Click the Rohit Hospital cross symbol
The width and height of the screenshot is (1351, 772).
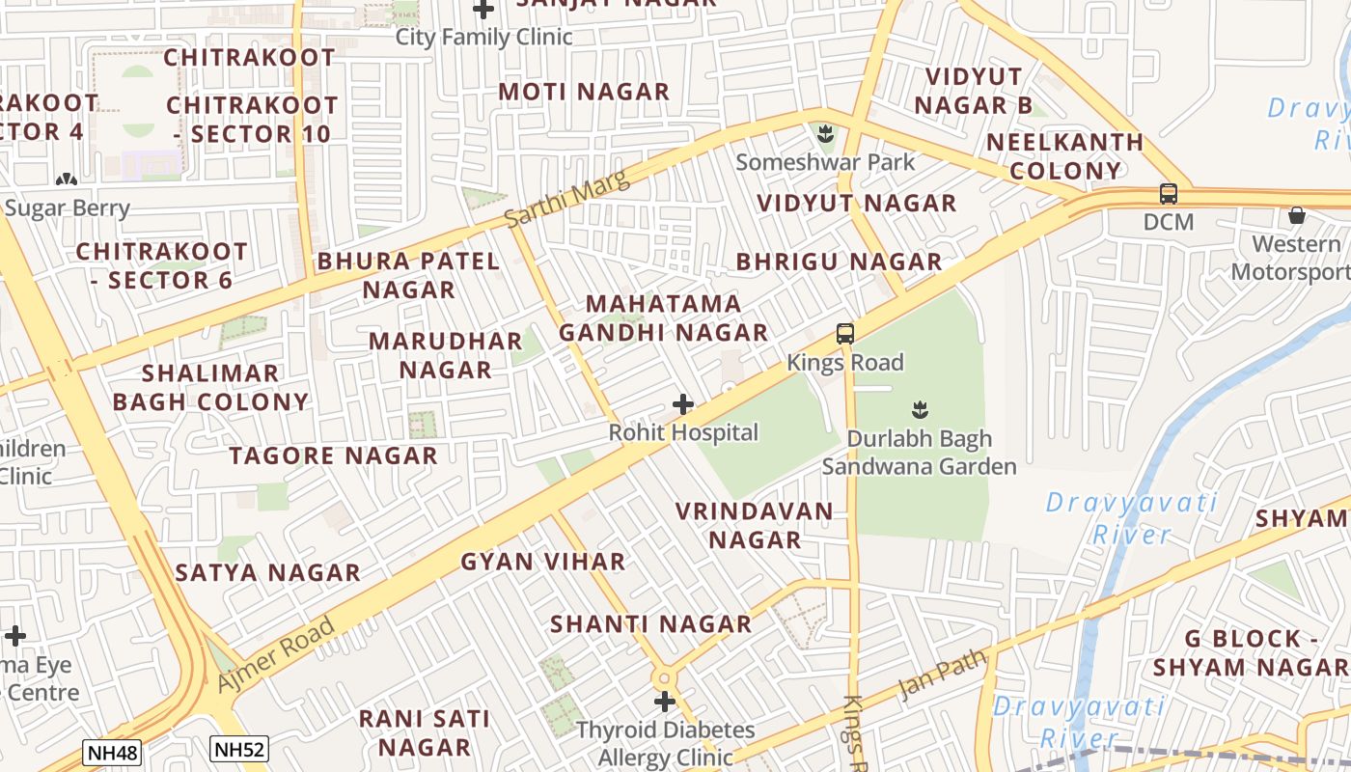pyautogui.click(x=683, y=403)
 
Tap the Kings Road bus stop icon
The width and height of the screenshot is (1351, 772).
pyautogui.click(x=845, y=334)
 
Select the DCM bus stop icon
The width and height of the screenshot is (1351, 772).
pyautogui.click(x=1169, y=193)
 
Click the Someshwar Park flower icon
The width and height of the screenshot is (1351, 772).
pyautogui.click(x=825, y=131)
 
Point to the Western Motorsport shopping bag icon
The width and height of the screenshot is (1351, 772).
pyautogui.click(x=1297, y=214)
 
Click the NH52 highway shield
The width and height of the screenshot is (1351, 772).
pyautogui.click(x=238, y=748)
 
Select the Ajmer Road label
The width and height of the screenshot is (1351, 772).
pyautogui.click(x=276, y=653)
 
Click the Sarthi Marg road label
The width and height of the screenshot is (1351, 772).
pyautogui.click(x=566, y=199)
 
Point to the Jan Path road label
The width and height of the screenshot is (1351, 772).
pyautogui.click(x=943, y=674)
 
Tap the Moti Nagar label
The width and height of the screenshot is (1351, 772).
pyautogui.click(x=584, y=92)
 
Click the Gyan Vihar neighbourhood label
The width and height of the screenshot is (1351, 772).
pyautogui.click(x=543, y=562)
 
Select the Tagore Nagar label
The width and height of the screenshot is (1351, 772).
pyautogui.click(x=333, y=455)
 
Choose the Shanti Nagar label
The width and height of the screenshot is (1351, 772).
pyautogui.click(x=650, y=624)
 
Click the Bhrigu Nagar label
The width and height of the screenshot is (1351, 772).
pyautogui.click(x=839, y=262)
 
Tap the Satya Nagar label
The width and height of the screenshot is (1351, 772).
pyautogui.click(x=267, y=572)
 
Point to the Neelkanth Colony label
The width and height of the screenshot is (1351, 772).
pyautogui.click(x=1064, y=156)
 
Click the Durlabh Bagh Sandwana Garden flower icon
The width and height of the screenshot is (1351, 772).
pyautogui.click(x=919, y=408)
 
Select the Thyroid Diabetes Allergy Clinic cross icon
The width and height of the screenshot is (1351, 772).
pyautogui.click(x=665, y=701)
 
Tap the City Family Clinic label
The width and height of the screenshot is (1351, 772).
pyautogui.click(x=483, y=38)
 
